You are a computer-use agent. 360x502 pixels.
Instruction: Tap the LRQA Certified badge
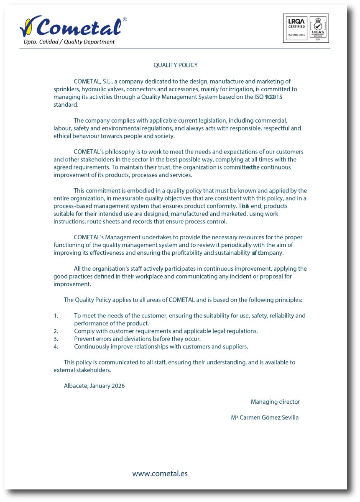(296, 28)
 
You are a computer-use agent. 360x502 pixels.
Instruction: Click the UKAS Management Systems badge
(318, 28)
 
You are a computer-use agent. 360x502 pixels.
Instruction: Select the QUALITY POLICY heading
(176, 65)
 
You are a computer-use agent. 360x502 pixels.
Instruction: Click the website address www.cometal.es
(160, 474)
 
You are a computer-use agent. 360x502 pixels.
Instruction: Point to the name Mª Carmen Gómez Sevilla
(265, 417)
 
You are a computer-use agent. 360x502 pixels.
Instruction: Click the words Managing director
(275, 402)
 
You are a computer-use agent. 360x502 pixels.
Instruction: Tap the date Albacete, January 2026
(94, 386)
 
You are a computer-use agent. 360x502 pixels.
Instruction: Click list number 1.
(56, 316)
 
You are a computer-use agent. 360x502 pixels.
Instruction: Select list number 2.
(56, 331)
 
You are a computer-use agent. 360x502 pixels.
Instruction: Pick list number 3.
(56, 339)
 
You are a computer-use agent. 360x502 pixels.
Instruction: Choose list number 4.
(56, 347)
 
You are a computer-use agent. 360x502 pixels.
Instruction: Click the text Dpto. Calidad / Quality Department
(69, 42)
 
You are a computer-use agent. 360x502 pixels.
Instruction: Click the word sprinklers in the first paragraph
(66, 89)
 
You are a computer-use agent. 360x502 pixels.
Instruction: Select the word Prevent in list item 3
(84, 339)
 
